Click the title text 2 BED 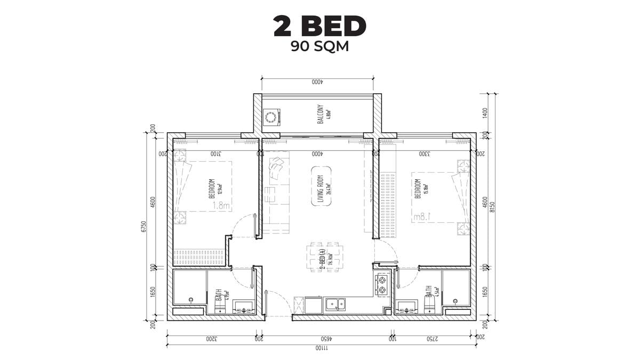coord(319,26)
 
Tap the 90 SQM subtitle coord(319,46)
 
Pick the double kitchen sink coord(335,305)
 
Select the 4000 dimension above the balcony coord(318,82)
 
